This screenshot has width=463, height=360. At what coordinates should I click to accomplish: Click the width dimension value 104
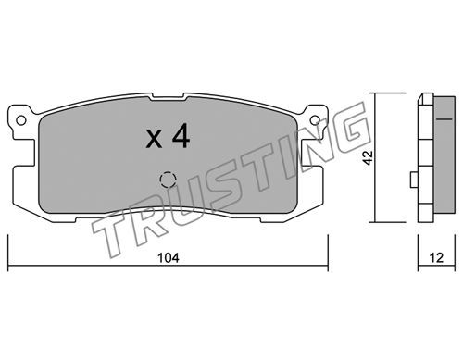point(169,258)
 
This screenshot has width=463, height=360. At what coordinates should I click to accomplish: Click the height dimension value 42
point(369,157)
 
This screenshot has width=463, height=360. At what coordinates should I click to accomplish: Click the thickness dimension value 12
point(436,258)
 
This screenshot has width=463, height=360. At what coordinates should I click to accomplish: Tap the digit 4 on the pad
point(181,135)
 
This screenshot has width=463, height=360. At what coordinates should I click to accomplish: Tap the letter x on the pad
point(154,139)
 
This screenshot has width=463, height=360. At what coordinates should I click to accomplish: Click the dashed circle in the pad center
point(168,180)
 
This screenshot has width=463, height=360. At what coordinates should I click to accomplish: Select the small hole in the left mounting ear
point(21,120)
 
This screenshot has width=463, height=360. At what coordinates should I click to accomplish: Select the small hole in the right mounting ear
point(315,120)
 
